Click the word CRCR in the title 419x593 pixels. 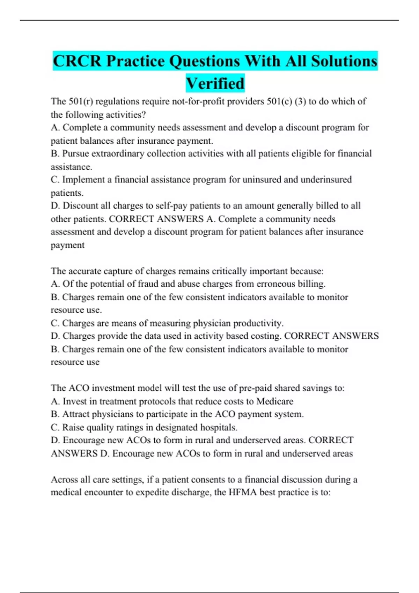tap(77, 61)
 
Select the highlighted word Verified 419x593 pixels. tap(215, 83)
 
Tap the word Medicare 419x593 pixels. tap(275, 401)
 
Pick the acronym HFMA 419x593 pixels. tap(243, 493)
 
